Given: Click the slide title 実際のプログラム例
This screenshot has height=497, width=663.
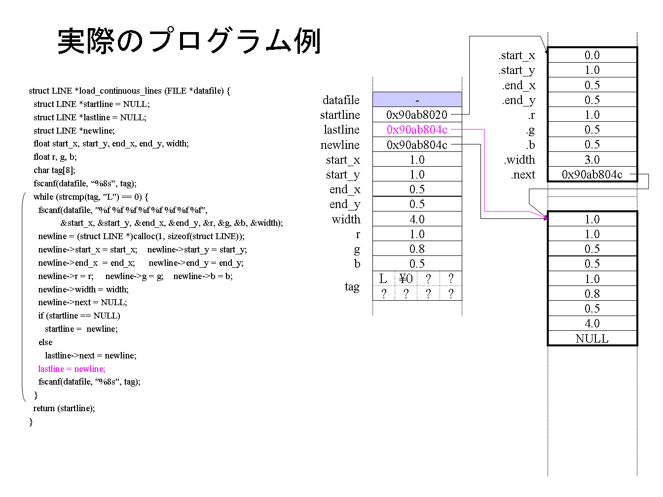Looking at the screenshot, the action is pyautogui.click(x=189, y=41).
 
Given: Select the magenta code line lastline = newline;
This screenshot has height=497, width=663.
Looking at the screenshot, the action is pyautogui.click(x=72, y=369).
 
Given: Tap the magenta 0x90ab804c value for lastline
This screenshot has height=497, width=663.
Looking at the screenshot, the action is pyautogui.click(x=417, y=130).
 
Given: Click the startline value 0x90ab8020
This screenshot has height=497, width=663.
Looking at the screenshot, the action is pyautogui.click(x=417, y=115).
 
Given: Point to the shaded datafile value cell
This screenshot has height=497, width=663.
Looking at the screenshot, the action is pyautogui.click(x=417, y=100).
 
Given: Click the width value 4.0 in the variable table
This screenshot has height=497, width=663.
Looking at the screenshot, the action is pyautogui.click(x=417, y=219).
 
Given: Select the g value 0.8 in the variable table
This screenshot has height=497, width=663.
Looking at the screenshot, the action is pyautogui.click(x=417, y=248).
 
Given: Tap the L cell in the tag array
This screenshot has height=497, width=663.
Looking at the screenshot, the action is pyautogui.click(x=383, y=278).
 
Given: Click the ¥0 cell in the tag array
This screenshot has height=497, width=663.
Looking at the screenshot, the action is pyautogui.click(x=405, y=278).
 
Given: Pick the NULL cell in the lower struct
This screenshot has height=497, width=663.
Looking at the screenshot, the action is pyautogui.click(x=592, y=338).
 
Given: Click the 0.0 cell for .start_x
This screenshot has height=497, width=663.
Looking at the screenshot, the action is pyautogui.click(x=592, y=55).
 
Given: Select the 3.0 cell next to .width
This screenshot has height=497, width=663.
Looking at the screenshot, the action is pyautogui.click(x=592, y=159).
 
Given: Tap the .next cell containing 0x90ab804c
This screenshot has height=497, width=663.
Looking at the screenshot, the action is pyautogui.click(x=592, y=175).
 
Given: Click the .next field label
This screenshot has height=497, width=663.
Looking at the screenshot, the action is pyautogui.click(x=523, y=175).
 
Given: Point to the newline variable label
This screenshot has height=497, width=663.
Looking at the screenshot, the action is pyautogui.click(x=340, y=145).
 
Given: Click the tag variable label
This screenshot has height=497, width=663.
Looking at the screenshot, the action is pyautogui.click(x=352, y=286).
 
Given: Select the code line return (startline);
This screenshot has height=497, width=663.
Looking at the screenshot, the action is pyautogui.click(x=64, y=408).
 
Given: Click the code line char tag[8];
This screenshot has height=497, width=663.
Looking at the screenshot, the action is pyautogui.click(x=54, y=170).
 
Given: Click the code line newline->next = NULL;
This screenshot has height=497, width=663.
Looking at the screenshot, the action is pyautogui.click(x=82, y=302).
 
